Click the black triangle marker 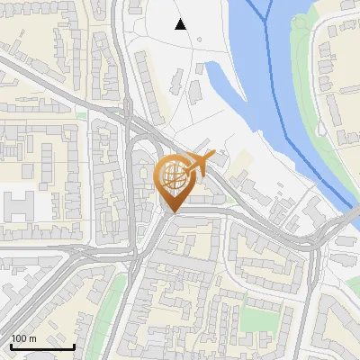point(181,24)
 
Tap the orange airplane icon point(199,165)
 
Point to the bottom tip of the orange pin point(172,212)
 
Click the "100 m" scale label point(23,339)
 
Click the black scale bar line point(42,346)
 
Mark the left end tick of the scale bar point(11,345)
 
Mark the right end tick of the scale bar point(74,345)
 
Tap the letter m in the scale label point(32,339)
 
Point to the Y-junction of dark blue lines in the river point(267,20)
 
